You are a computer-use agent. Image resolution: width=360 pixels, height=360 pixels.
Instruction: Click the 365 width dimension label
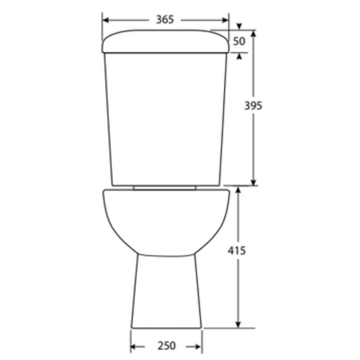click(165, 20)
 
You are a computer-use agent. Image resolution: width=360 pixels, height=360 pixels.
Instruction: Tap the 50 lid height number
click(239, 41)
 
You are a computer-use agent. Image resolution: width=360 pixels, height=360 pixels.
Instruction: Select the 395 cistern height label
click(253, 106)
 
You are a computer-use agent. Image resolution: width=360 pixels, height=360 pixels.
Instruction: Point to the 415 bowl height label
click(236, 250)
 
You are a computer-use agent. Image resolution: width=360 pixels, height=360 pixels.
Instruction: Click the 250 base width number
click(166, 346)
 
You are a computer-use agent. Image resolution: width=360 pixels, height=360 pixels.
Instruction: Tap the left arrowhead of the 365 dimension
click(106, 20)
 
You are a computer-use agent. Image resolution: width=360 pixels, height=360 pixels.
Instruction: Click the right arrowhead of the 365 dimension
click(225, 20)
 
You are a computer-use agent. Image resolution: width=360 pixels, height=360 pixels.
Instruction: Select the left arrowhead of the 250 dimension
click(134, 346)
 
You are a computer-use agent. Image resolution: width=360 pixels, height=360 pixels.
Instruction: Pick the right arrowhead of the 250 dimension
click(197, 346)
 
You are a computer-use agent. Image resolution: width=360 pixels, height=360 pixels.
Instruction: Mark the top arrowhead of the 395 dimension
click(253, 34)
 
